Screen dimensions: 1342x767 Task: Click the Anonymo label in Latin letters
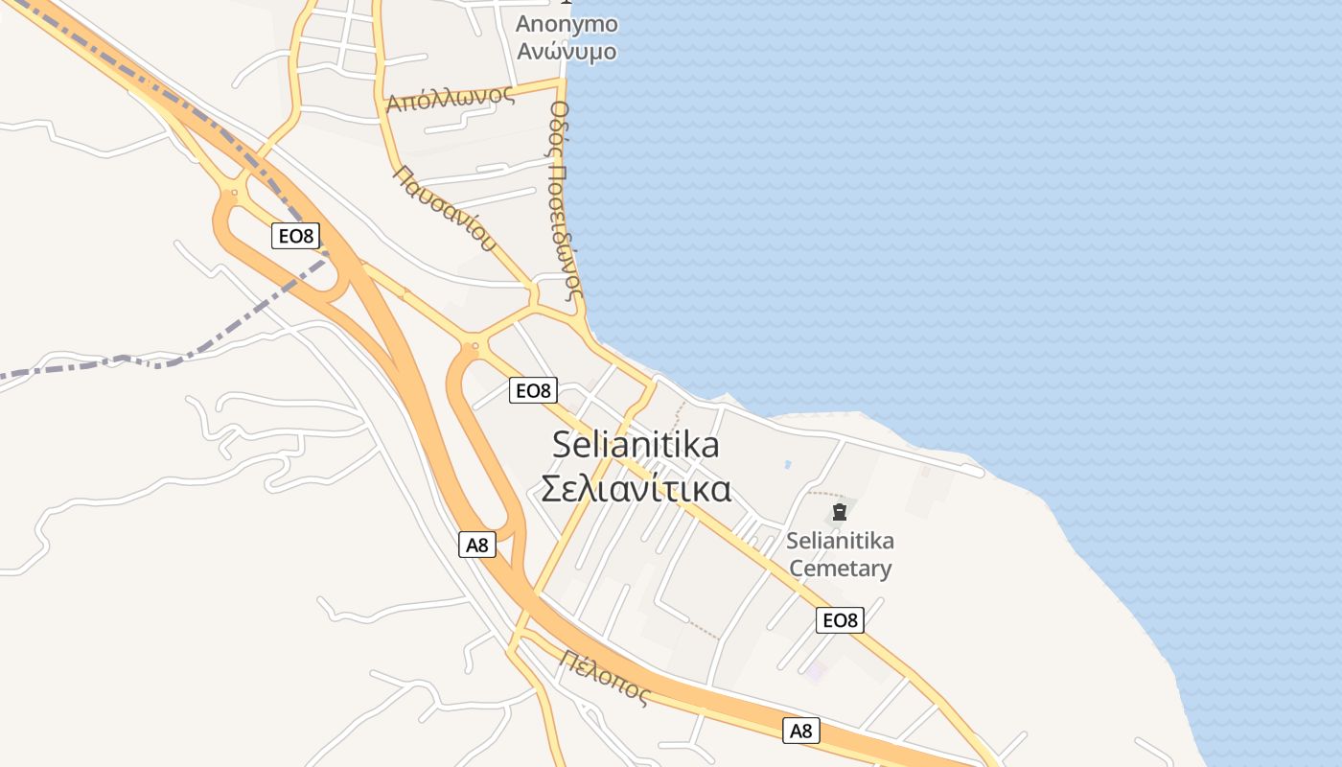pyautogui.click(x=567, y=24)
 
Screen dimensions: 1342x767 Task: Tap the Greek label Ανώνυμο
pyautogui.click(x=567, y=52)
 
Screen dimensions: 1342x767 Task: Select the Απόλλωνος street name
pyautogui.click(x=450, y=98)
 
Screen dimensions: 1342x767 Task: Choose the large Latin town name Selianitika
pyautogui.click(x=636, y=445)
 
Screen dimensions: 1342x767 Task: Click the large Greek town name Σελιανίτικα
pyautogui.click(x=636, y=488)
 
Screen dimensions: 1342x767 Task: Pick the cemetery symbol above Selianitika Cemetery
pyautogui.click(x=840, y=512)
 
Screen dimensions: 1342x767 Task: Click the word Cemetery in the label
pyautogui.click(x=840, y=569)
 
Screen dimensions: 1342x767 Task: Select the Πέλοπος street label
pyautogui.click(x=606, y=677)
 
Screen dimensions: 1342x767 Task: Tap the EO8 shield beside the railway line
pyautogui.click(x=295, y=236)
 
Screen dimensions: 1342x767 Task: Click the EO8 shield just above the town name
pyautogui.click(x=533, y=390)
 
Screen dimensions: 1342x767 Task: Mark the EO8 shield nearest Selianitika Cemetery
pyautogui.click(x=840, y=620)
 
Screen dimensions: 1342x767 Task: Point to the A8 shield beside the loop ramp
pyautogui.click(x=476, y=546)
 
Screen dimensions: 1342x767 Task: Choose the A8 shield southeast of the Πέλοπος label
pyautogui.click(x=800, y=731)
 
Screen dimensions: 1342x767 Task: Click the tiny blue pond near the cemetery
pyautogui.click(x=787, y=464)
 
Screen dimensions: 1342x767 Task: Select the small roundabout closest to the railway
pyautogui.click(x=233, y=193)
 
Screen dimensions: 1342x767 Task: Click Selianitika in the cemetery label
pyautogui.click(x=840, y=541)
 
